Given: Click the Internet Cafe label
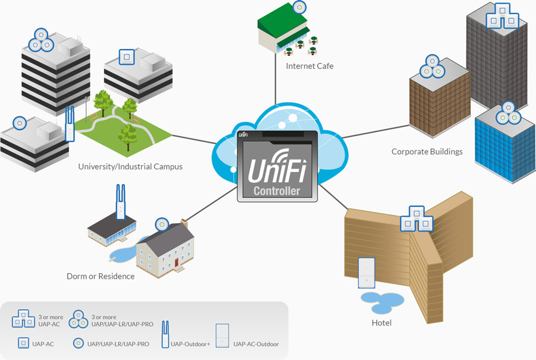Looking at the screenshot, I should click(x=309, y=66).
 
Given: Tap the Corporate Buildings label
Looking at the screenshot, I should click(x=427, y=152).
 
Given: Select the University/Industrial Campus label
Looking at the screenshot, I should click(x=130, y=167).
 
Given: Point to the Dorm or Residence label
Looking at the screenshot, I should click(x=100, y=276).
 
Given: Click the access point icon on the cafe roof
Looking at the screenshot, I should click(x=298, y=8).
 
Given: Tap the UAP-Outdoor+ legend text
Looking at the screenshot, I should click(x=190, y=344).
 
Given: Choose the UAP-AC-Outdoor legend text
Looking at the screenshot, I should click(x=256, y=344).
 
